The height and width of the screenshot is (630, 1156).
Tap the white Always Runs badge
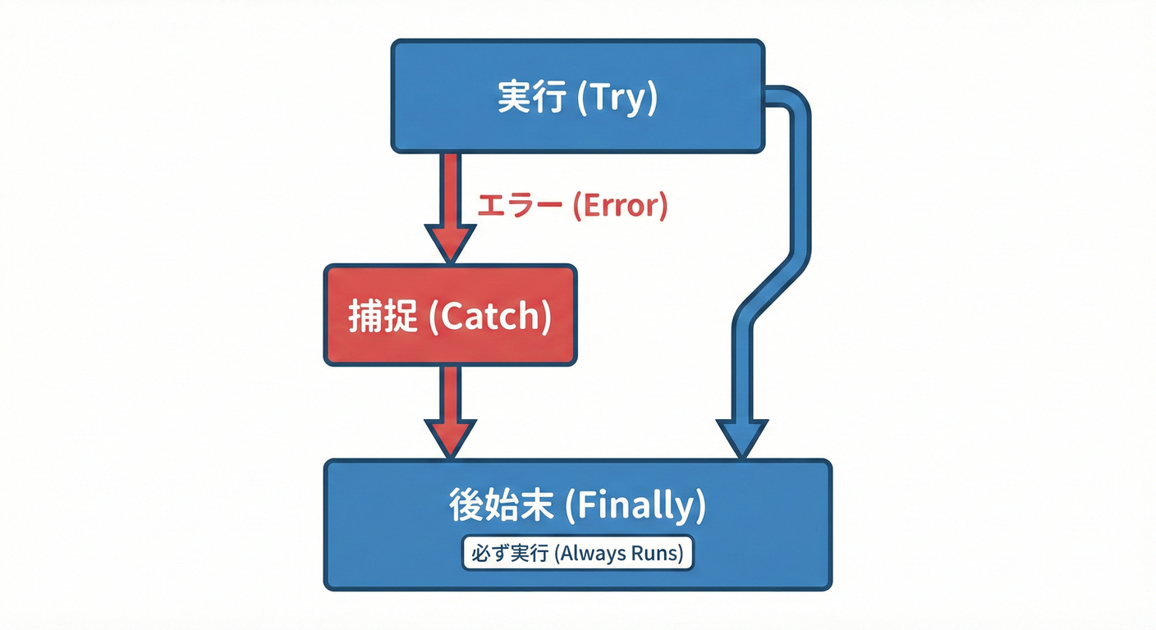pyautogui.click(x=577, y=554)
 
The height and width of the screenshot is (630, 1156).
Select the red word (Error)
pyautogui.click(x=620, y=205)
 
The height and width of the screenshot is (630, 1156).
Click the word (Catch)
pyautogui.click(x=490, y=317)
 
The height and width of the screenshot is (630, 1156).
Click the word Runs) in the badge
pyautogui.click(x=657, y=554)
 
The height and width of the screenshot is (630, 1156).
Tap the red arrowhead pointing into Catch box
pyautogui.click(x=449, y=244)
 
